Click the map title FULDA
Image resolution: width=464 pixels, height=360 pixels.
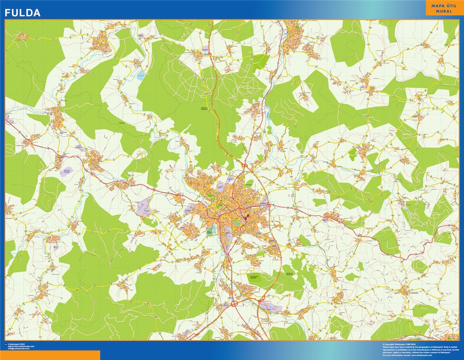tap(23, 13)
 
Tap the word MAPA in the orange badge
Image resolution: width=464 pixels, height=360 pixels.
tap(435, 6)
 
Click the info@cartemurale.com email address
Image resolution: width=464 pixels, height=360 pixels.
tap(21, 349)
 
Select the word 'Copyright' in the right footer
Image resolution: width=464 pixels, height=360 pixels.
tap(391, 344)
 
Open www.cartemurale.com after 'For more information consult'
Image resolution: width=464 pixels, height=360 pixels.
tap(422, 355)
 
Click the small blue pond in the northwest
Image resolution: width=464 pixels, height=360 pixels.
tap(140, 76)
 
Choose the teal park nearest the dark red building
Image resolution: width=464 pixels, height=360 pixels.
tap(237, 221)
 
